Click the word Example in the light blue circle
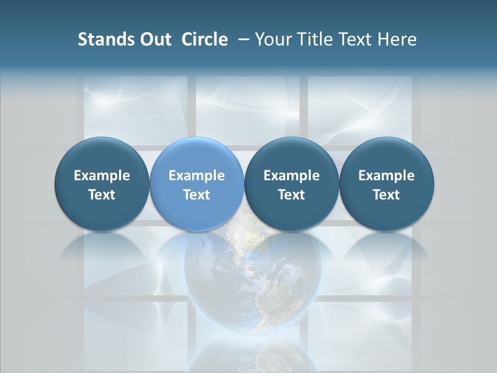[197, 176]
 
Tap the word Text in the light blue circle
[197, 195]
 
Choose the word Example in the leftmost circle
[102, 176]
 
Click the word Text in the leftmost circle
[102, 195]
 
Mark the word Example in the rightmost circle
[387, 176]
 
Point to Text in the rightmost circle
[387, 195]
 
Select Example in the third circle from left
[291, 176]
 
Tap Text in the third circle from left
[291, 195]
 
